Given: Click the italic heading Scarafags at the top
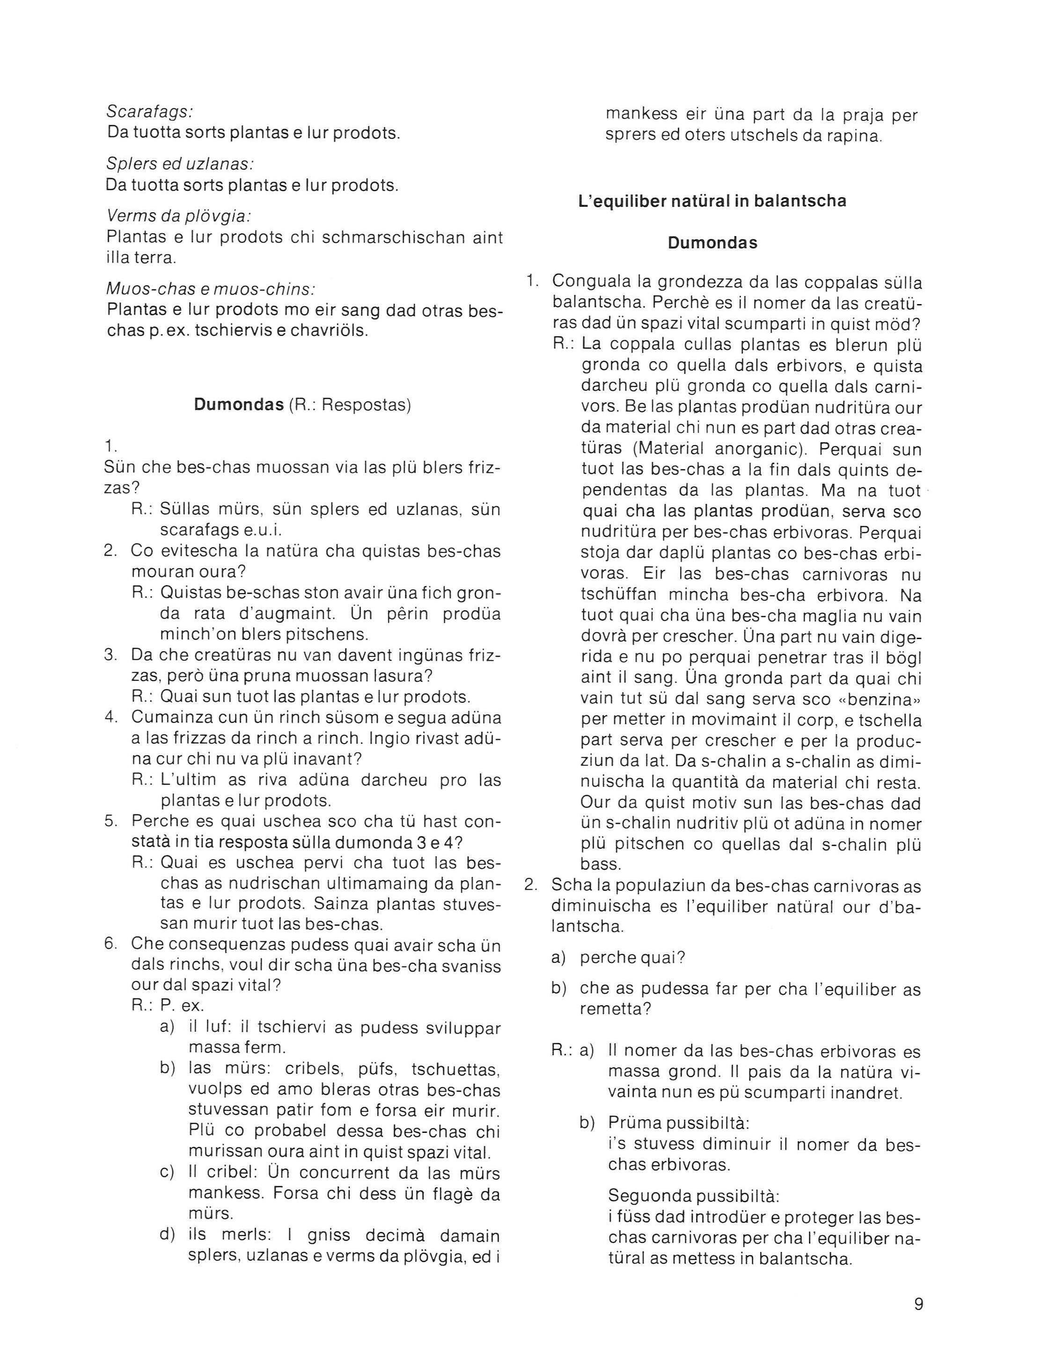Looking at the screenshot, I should [x=149, y=112].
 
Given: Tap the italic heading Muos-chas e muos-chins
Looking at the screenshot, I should [x=211, y=289].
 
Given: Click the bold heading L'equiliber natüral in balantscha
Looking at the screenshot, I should [x=712, y=201].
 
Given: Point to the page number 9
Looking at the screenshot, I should [x=918, y=1304].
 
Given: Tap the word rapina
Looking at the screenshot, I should [x=853, y=136].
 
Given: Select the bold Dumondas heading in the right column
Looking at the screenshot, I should [x=712, y=243].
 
